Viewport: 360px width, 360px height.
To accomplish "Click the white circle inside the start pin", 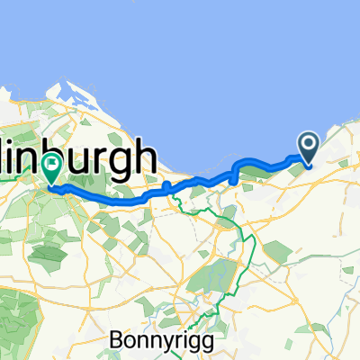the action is pos(307,143).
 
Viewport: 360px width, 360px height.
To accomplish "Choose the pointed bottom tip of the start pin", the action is pos(307,165).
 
